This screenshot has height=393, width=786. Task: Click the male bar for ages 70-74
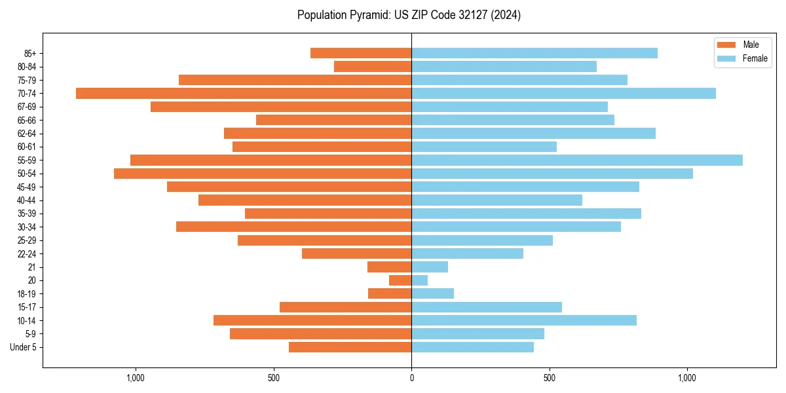244,93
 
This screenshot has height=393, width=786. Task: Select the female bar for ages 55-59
576,160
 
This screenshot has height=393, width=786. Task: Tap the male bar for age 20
400,280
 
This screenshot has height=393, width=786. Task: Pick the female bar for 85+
534,53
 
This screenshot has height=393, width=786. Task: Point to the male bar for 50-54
263,174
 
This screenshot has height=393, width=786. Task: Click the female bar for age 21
430,267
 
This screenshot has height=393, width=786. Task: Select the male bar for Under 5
350,347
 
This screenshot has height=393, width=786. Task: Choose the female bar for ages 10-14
524,320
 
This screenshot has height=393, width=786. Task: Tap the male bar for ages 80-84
373,66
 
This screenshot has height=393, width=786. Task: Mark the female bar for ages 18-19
432,293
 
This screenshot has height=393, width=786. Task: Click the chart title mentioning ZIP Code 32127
409,15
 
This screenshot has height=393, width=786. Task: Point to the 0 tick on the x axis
411,378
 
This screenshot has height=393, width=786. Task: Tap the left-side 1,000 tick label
135,378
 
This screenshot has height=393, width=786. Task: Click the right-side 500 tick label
550,378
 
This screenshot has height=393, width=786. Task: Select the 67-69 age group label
27,107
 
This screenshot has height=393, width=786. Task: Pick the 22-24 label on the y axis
27,253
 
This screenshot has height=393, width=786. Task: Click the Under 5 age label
24,347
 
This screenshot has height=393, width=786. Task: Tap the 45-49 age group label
27,187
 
